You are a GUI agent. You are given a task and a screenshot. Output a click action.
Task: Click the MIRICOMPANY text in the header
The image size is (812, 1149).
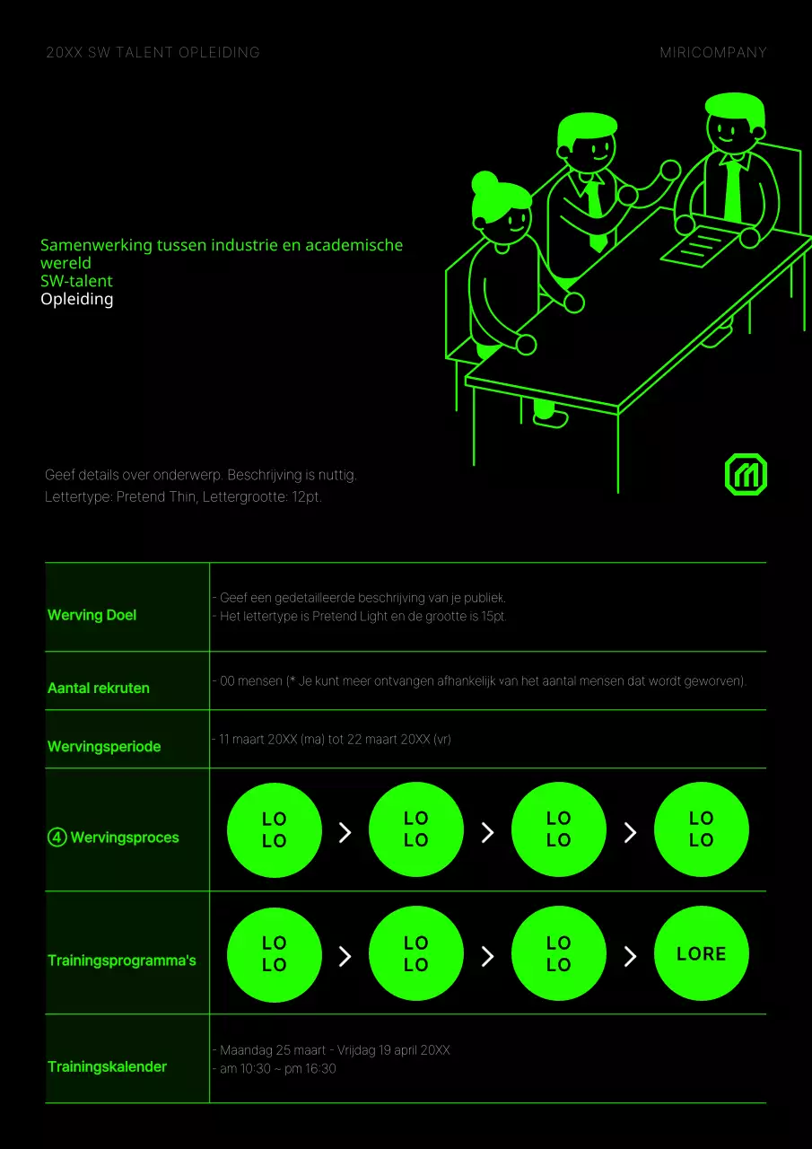click(x=713, y=52)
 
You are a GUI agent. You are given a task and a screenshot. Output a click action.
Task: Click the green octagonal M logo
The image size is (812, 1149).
click(x=746, y=474)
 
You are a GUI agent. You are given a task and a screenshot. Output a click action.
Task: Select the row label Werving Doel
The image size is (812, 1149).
click(x=92, y=615)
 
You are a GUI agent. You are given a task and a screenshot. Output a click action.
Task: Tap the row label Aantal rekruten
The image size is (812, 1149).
click(x=99, y=689)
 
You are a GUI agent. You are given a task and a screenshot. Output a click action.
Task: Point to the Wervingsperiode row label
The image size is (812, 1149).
click(x=104, y=747)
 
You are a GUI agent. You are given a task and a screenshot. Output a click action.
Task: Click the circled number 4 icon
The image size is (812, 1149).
click(x=57, y=838)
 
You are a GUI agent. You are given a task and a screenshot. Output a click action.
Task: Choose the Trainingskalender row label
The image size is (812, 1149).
click(x=108, y=1067)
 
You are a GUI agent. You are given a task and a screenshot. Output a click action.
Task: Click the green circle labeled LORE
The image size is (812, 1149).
click(x=701, y=954)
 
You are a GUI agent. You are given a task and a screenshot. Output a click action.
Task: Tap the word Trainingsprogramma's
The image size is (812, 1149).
click(x=122, y=960)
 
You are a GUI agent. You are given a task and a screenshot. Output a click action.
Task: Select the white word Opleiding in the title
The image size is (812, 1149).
click(x=77, y=299)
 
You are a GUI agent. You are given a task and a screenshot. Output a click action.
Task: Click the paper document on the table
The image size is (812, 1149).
click(x=700, y=244)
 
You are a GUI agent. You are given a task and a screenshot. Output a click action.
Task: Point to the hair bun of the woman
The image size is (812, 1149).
click(x=485, y=182)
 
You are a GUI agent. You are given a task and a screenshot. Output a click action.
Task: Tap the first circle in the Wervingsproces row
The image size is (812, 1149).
click(x=274, y=830)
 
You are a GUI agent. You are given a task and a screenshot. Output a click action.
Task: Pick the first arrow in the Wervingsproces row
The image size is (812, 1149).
click(x=345, y=833)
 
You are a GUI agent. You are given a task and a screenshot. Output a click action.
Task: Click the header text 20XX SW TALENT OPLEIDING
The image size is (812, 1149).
click(x=153, y=52)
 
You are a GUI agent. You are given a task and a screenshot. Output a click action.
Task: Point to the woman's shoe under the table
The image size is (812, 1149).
click(x=550, y=417)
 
